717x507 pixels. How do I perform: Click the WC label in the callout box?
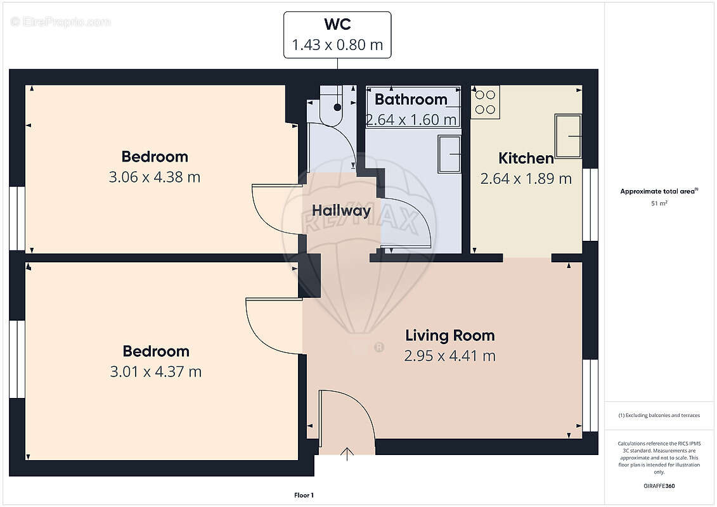coord(337,24)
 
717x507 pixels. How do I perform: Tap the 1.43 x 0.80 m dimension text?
coord(337,45)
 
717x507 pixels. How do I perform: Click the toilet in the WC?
coord(331,106)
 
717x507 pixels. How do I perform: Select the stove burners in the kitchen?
coord(485,102)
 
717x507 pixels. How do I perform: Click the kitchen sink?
coord(568,136)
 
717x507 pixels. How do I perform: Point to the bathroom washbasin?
coord(449,153)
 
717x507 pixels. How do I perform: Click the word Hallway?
coord(341,211)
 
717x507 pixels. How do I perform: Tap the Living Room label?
coord(450,335)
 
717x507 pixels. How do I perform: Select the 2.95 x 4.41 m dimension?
coord(450,356)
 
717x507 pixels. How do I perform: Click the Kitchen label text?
coord(526,158)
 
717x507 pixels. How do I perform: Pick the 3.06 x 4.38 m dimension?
coord(155,177)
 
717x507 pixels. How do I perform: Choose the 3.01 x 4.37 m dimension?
coord(156,371)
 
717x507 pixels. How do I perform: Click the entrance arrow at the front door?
coord(347,454)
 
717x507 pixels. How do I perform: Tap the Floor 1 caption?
coord(304,495)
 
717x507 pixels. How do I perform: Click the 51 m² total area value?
coord(659,203)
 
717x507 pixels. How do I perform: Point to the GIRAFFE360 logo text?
coord(659,486)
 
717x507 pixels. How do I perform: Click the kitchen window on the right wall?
coord(590,204)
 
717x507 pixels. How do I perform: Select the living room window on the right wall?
coord(590,395)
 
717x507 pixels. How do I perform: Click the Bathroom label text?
coord(411,99)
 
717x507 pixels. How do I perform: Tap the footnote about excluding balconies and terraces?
coord(659,416)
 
